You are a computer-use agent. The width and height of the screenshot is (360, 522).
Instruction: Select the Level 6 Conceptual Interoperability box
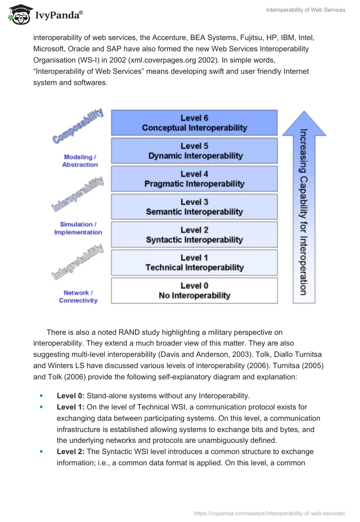(x=194, y=123)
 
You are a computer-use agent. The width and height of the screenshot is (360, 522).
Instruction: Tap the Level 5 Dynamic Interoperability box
(x=194, y=151)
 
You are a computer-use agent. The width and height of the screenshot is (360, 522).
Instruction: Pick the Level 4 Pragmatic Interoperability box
(x=194, y=179)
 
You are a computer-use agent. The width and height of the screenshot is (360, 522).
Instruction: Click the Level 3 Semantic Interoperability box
(x=194, y=207)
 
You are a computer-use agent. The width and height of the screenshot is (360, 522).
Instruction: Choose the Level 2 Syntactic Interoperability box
(x=194, y=235)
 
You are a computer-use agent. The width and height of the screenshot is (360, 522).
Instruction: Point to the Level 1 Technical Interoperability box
(x=194, y=263)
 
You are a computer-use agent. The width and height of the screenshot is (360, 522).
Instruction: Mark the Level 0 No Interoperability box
(x=194, y=291)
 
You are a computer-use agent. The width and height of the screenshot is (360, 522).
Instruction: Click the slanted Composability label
(x=78, y=126)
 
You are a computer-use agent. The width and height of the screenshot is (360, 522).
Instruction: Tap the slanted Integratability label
(x=78, y=263)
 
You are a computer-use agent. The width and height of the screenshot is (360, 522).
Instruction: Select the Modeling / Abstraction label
(x=80, y=161)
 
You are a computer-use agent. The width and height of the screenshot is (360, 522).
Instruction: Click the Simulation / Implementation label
(x=78, y=228)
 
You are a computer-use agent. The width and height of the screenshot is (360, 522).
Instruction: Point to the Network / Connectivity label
(x=78, y=297)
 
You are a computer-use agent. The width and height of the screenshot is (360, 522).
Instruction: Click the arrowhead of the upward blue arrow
(x=304, y=123)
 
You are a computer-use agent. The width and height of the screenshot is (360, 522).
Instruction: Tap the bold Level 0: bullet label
(x=71, y=396)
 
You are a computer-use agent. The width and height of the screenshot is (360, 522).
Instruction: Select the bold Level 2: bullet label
(x=71, y=451)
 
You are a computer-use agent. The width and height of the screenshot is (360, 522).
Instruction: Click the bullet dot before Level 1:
(x=42, y=407)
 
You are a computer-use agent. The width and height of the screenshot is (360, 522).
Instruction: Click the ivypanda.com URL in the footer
(x=269, y=513)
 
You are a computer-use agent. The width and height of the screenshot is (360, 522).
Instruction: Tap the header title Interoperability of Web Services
(x=306, y=10)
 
